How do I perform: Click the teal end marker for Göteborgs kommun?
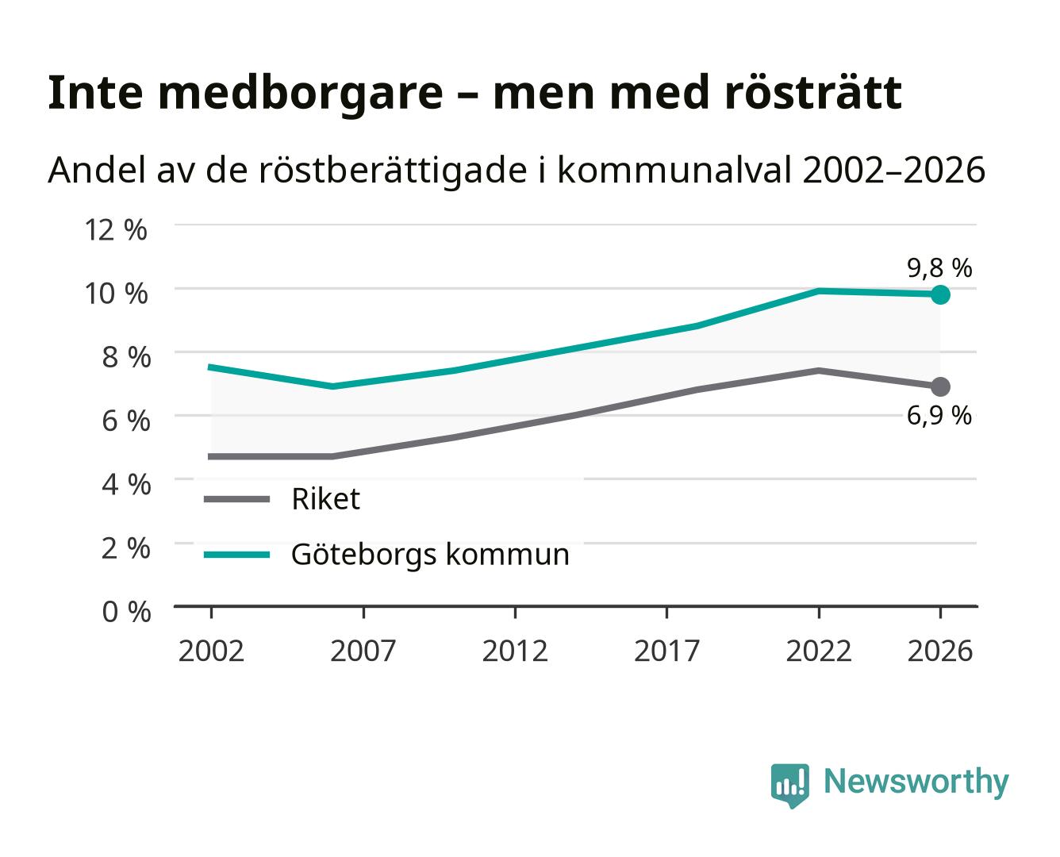click(x=940, y=294)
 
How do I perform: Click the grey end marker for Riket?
click(x=940, y=386)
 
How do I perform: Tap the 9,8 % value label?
click(x=939, y=268)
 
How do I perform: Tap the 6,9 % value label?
click(x=939, y=416)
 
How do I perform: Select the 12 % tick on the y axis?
click(x=116, y=230)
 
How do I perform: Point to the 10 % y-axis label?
click(x=116, y=294)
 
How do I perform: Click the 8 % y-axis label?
click(x=126, y=357)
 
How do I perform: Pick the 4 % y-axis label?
click(x=126, y=484)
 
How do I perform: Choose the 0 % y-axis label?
click(x=126, y=612)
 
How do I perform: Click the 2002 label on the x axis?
click(x=212, y=651)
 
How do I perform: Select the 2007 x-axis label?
click(x=363, y=651)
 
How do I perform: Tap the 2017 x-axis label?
click(x=666, y=651)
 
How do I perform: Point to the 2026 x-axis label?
click(x=940, y=651)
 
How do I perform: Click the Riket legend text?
click(x=326, y=498)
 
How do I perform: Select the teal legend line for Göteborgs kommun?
click(x=237, y=555)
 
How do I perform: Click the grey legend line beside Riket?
click(x=237, y=498)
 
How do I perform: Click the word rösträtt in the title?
click(x=813, y=93)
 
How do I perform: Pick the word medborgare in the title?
click(x=301, y=94)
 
